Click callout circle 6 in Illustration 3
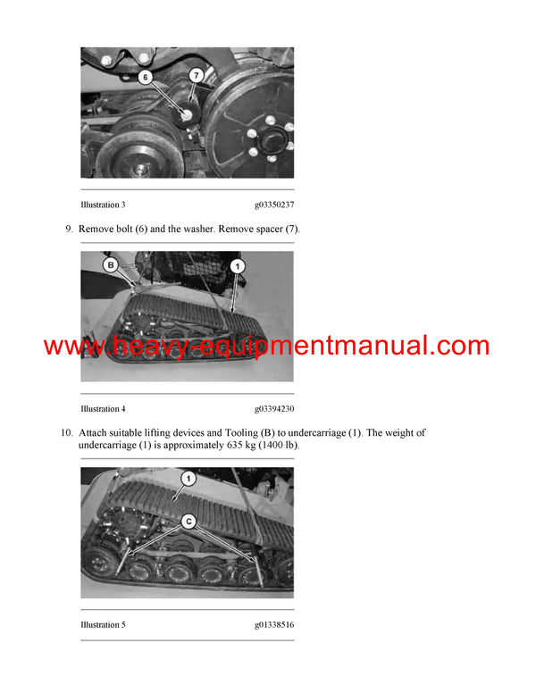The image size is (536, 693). (x=146, y=78)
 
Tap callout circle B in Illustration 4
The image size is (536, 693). (x=111, y=265)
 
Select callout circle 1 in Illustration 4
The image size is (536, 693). (x=237, y=265)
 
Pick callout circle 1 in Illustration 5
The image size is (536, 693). (x=187, y=479)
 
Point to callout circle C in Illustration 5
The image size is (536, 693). (x=188, y=520)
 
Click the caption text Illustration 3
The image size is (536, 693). (x=103, y=205)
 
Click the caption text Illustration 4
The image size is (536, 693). (x=103, y=409)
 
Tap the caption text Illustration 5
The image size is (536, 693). (x=103, y=624)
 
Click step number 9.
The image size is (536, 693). (x=69, y=230)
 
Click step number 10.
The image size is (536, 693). (x=66, y=433)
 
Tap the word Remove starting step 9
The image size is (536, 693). (x=97, y=230)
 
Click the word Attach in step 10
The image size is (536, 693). (x=95, y=433)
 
